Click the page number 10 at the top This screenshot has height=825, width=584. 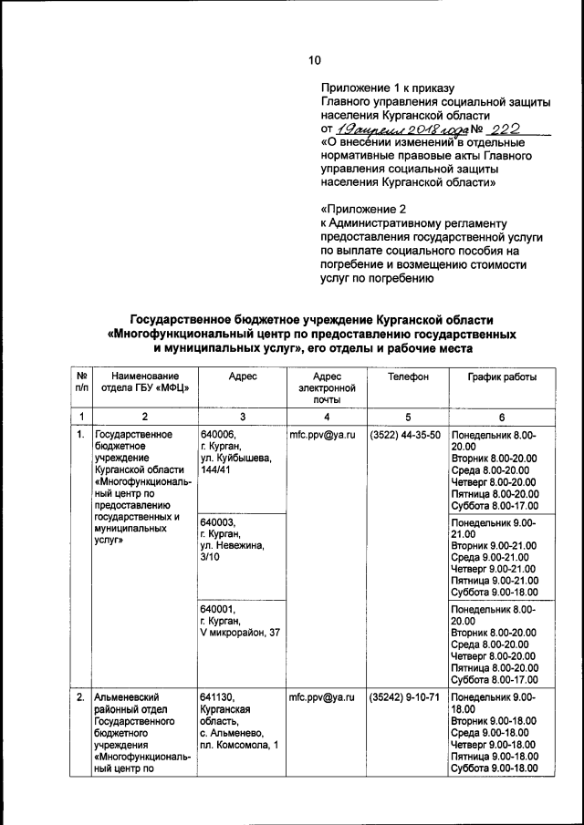[x=314, y=60]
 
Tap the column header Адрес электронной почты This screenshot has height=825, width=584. [x=326, y=387]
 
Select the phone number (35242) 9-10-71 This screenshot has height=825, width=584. [x=406, y=697]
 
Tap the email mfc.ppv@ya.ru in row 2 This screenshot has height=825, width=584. [x=321, y=697]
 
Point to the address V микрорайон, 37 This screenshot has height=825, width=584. [x=240, y=634]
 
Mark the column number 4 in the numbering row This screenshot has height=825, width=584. [x=326, y=416]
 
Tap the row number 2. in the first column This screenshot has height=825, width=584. [x=81, y=697]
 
